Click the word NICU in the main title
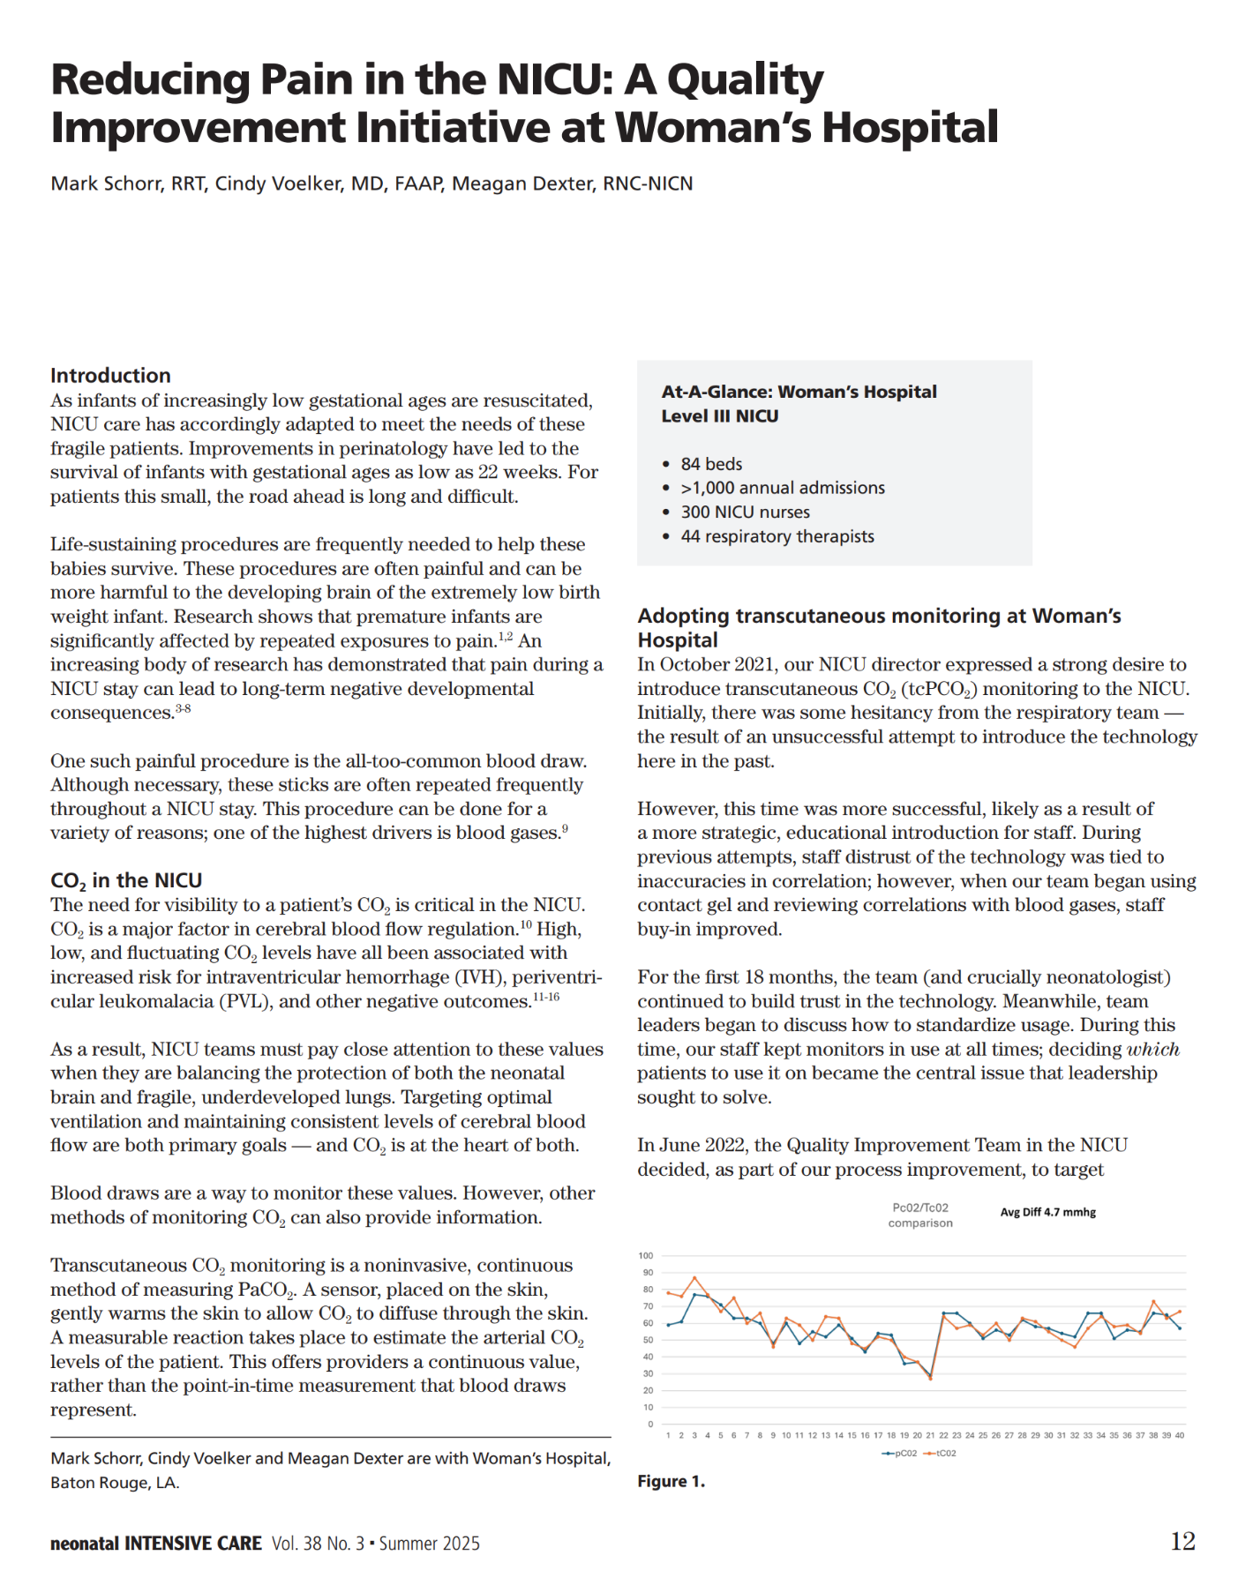(x=551, y=79)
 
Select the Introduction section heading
(x=110, y=375)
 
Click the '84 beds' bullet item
(x=711, y=464)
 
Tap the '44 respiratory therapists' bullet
(x=777, y=536)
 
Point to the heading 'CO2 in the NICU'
(x=126, y=880)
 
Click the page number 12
(x=1182, y=1541)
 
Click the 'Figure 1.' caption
(x=672, y=1481)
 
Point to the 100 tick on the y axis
(x=646, y=1255)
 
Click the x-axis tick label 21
(x=930, y=1435)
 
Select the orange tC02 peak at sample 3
(x=694, y=1277)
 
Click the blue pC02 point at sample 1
(x=668, y=1325)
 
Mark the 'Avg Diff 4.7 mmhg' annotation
(x=1047, y=1212)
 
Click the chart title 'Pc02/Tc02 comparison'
(x=920, y=1215)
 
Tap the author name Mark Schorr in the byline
(x=105, y=183)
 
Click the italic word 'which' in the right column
(x=1153, y=1050)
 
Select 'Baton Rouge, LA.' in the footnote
(x=115, y=1482)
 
